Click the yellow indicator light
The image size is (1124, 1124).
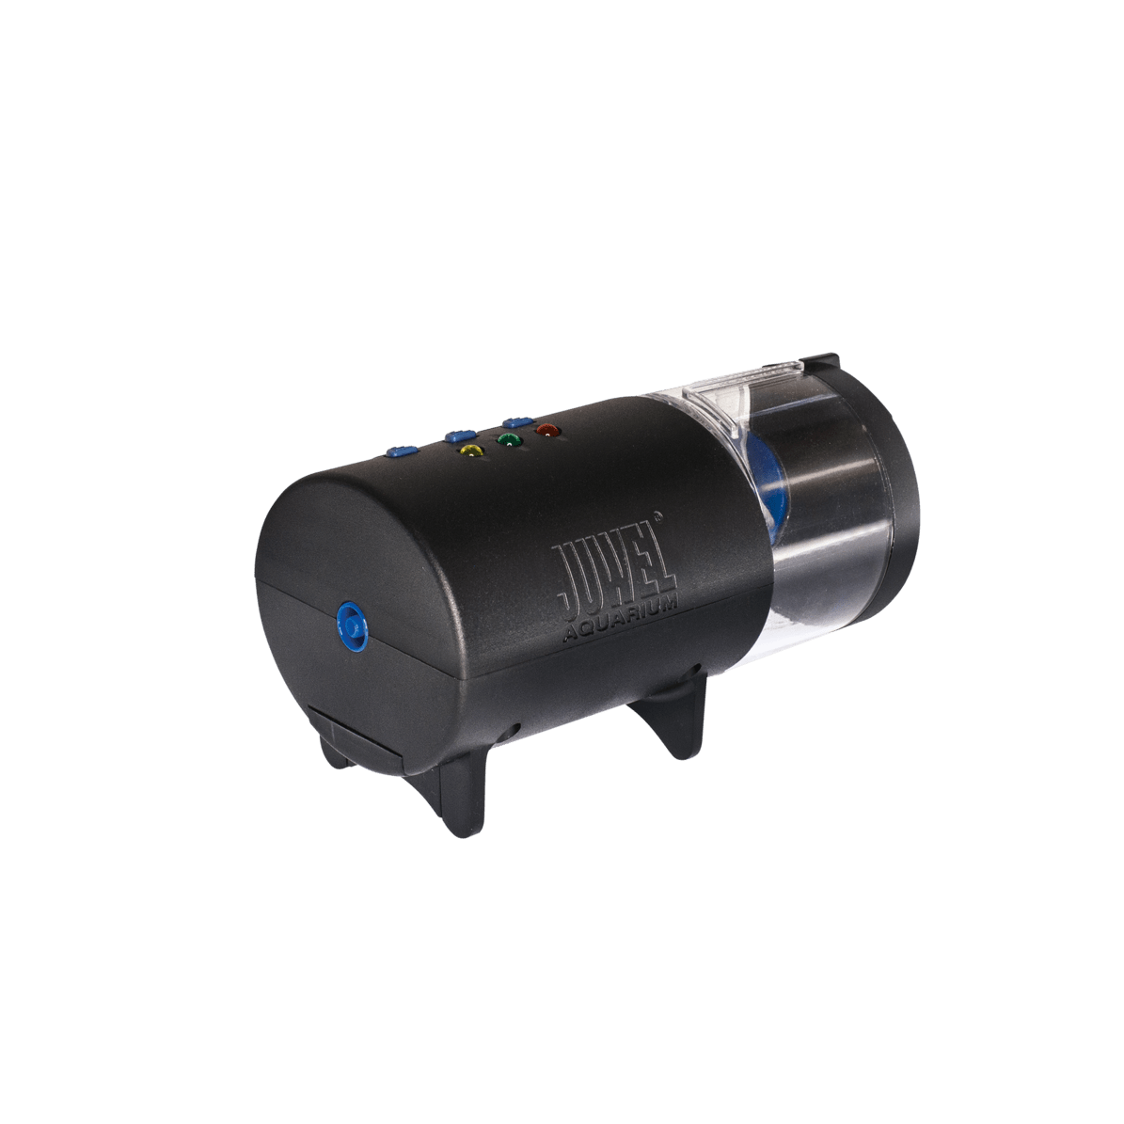click(471, 451)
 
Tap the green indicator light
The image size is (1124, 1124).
click(509, 440)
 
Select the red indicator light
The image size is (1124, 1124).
click(547, 430)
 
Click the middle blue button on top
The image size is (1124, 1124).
click(460, 435)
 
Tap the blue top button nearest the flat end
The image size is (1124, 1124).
click(403, 451)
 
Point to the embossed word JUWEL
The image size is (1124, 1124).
click(613, 578)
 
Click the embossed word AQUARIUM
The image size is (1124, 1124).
click(621, 623)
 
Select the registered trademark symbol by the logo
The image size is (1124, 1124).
click(658, 514)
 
